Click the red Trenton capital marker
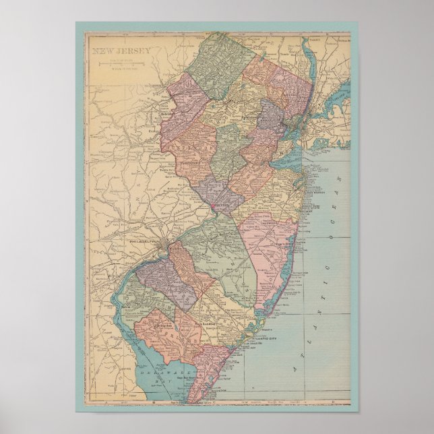pos(212,205)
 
